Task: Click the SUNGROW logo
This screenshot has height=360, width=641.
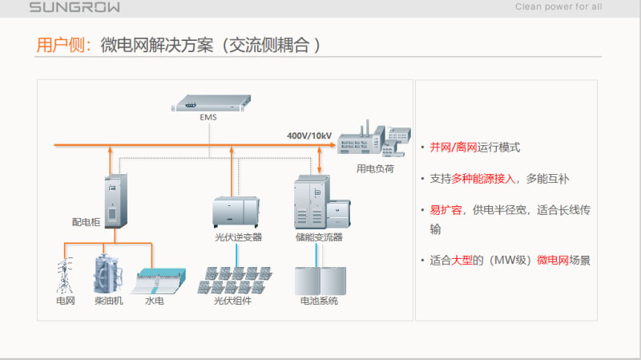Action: [x=75, y=8]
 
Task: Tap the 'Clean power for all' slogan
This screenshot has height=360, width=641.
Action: [x=558, y=8]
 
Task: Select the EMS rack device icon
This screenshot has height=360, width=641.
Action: [x=210, y=103]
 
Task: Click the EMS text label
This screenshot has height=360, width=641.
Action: [x=208, y=117]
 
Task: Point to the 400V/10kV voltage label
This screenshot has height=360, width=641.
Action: [x=309, y=136]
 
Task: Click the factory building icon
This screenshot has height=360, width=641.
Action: [x=373, y=141]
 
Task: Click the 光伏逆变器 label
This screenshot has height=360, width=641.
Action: [x=238, y=237]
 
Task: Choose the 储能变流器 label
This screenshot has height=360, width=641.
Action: [x=318, y=237]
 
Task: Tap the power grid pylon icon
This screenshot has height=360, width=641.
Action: [x=64, y=275]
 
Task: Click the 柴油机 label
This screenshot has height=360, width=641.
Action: [x=108, y=301]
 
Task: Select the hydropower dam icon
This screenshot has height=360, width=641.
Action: [x=155, y=280]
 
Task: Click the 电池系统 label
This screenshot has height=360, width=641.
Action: [x=319, y=301]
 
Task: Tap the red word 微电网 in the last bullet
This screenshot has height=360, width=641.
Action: [x=553, y=260]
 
